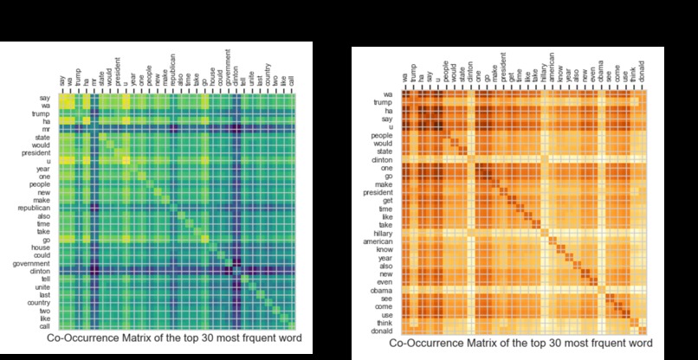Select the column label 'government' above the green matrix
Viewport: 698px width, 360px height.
pos(228,73)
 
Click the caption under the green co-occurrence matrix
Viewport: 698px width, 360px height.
pos(174,337)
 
